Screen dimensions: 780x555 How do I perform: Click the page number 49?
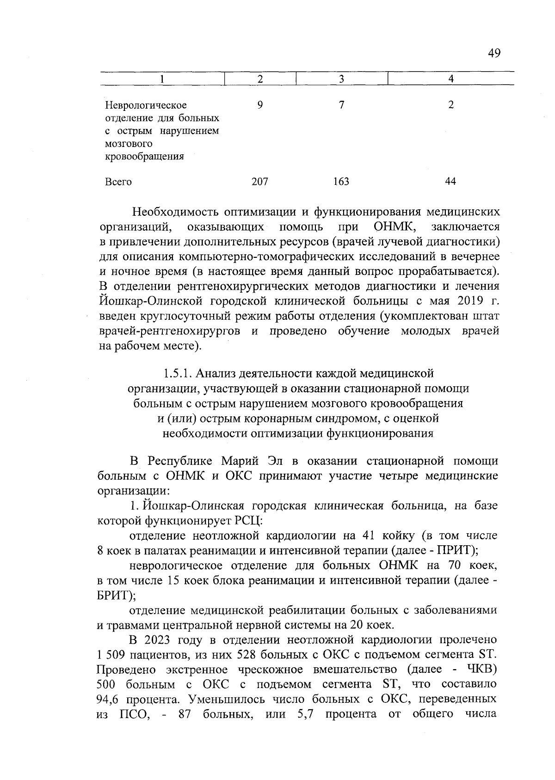[x=493, y=54]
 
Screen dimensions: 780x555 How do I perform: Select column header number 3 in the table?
[x=341, y=79]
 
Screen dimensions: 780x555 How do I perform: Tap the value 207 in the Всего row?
[x=259, y=182]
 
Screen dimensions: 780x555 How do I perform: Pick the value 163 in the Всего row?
[x=341, y=182]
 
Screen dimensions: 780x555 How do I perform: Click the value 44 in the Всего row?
[x=450, y=182]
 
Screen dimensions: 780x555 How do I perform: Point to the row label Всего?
[x=118, y=182]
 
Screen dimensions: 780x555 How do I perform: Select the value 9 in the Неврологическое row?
[x=260, y=105]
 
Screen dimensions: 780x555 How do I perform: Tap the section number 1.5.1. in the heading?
[x=180, y=373]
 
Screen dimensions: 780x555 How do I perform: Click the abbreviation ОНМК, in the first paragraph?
[x=393, y=227]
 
